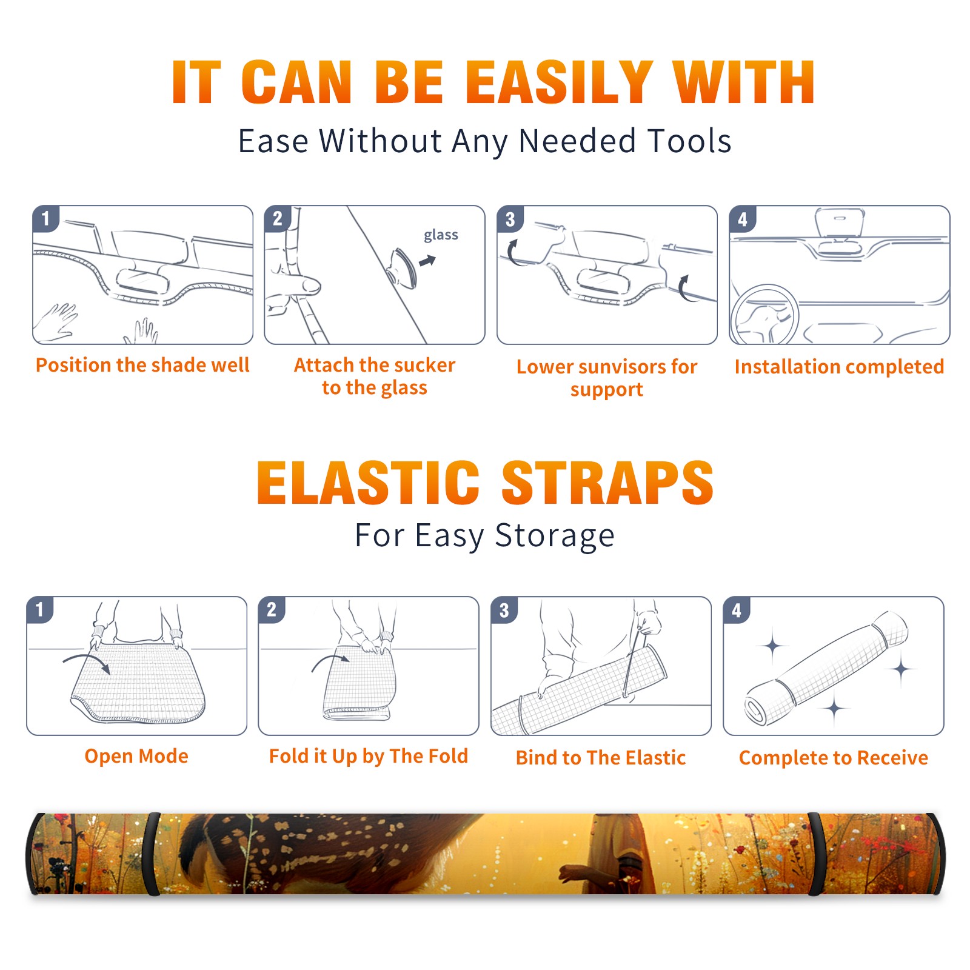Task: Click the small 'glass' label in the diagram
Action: [441, 235]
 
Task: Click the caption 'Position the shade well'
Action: [142, 365]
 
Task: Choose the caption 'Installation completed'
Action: [839, 366]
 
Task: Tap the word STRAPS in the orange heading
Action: [607, 483]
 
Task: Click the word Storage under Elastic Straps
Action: [555, 536]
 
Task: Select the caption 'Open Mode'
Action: [136, 756]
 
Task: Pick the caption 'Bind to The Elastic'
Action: [600, 757]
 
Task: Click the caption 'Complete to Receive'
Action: [834, 757]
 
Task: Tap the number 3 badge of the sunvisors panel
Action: [509, 219]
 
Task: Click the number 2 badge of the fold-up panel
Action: [272, 610]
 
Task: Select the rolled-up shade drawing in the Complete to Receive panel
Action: [826, 667]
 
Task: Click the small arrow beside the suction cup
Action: [428, 261]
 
